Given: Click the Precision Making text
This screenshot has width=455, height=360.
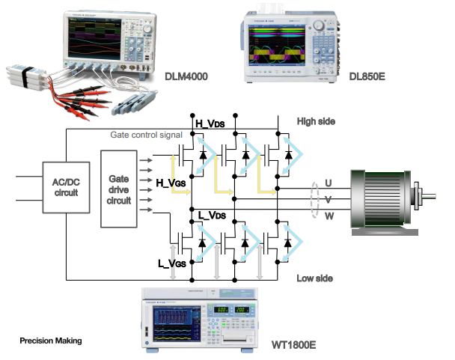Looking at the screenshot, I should coord(50,341).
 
